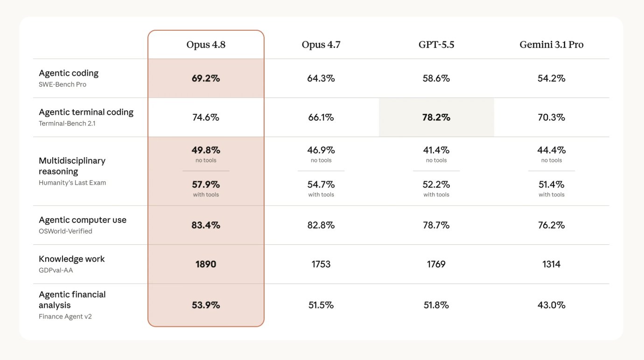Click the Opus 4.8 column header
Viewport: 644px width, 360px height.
(206, 44)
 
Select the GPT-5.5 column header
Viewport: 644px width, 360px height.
(436, 44)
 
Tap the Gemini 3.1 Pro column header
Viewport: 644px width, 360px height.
(552, 44)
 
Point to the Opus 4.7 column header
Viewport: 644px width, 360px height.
(321, 44)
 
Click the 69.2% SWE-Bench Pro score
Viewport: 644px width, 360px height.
(206, 78)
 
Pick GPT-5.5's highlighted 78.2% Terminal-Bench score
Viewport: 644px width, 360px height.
(436, 117)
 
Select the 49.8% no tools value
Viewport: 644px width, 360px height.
(206, 150)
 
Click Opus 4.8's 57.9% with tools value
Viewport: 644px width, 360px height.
(206, 184)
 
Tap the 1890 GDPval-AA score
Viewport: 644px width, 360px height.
(206, 264)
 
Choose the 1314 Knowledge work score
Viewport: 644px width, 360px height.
(552, 264)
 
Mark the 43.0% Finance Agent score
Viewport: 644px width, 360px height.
(552, 305)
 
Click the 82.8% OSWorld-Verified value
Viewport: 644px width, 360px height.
(321, 225)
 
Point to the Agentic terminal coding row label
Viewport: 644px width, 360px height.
(86, 112)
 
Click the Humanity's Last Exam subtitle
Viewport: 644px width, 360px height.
(72, 183)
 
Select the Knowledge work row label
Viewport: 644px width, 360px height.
(71, 259)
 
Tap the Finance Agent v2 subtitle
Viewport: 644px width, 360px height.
(65, 316)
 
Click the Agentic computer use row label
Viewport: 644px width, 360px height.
(83, 220)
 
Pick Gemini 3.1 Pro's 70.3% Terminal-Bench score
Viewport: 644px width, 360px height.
(552, 117)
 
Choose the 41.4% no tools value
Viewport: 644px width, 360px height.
(436, 150)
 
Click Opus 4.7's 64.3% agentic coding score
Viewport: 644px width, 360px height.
(321, 78)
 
